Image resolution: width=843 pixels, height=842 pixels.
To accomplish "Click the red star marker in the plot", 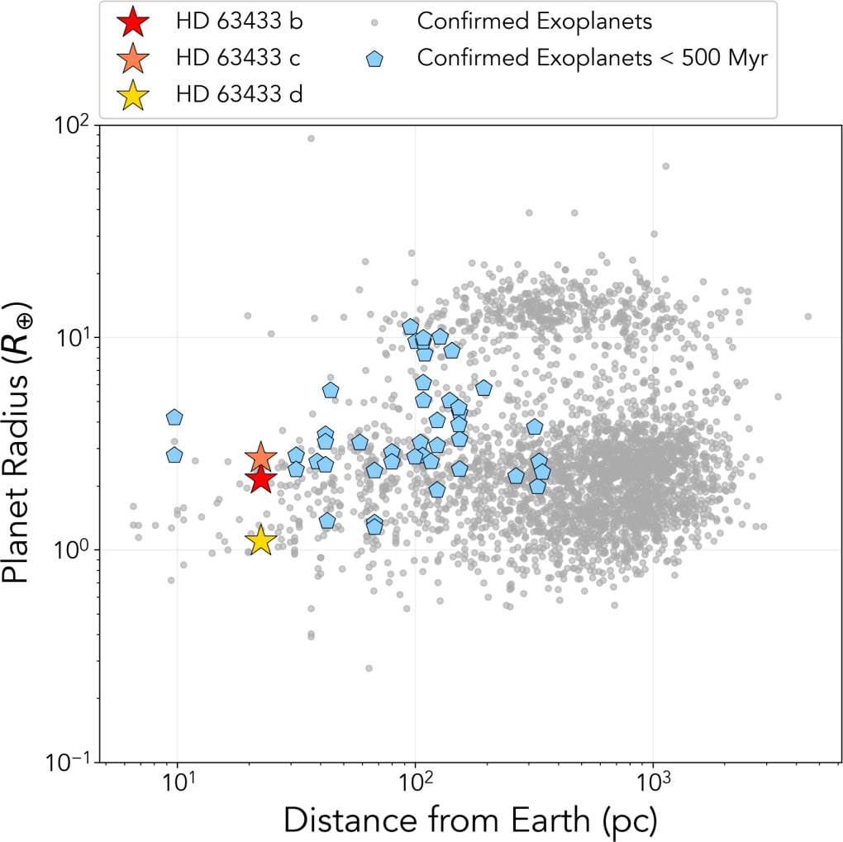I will [260, 478].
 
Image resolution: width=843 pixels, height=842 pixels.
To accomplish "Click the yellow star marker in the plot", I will [260, 540].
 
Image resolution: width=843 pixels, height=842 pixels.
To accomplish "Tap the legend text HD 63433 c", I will [238, 59].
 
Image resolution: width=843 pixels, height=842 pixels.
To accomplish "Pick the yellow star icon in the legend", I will [134, 95].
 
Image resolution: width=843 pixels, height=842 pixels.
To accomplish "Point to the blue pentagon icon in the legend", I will [374, 59].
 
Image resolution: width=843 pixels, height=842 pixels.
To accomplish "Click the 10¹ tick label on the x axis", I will [178, 785].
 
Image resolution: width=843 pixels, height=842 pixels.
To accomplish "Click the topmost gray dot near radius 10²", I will [311, 138].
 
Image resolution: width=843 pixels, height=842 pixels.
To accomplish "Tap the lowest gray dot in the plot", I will [369, 668].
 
